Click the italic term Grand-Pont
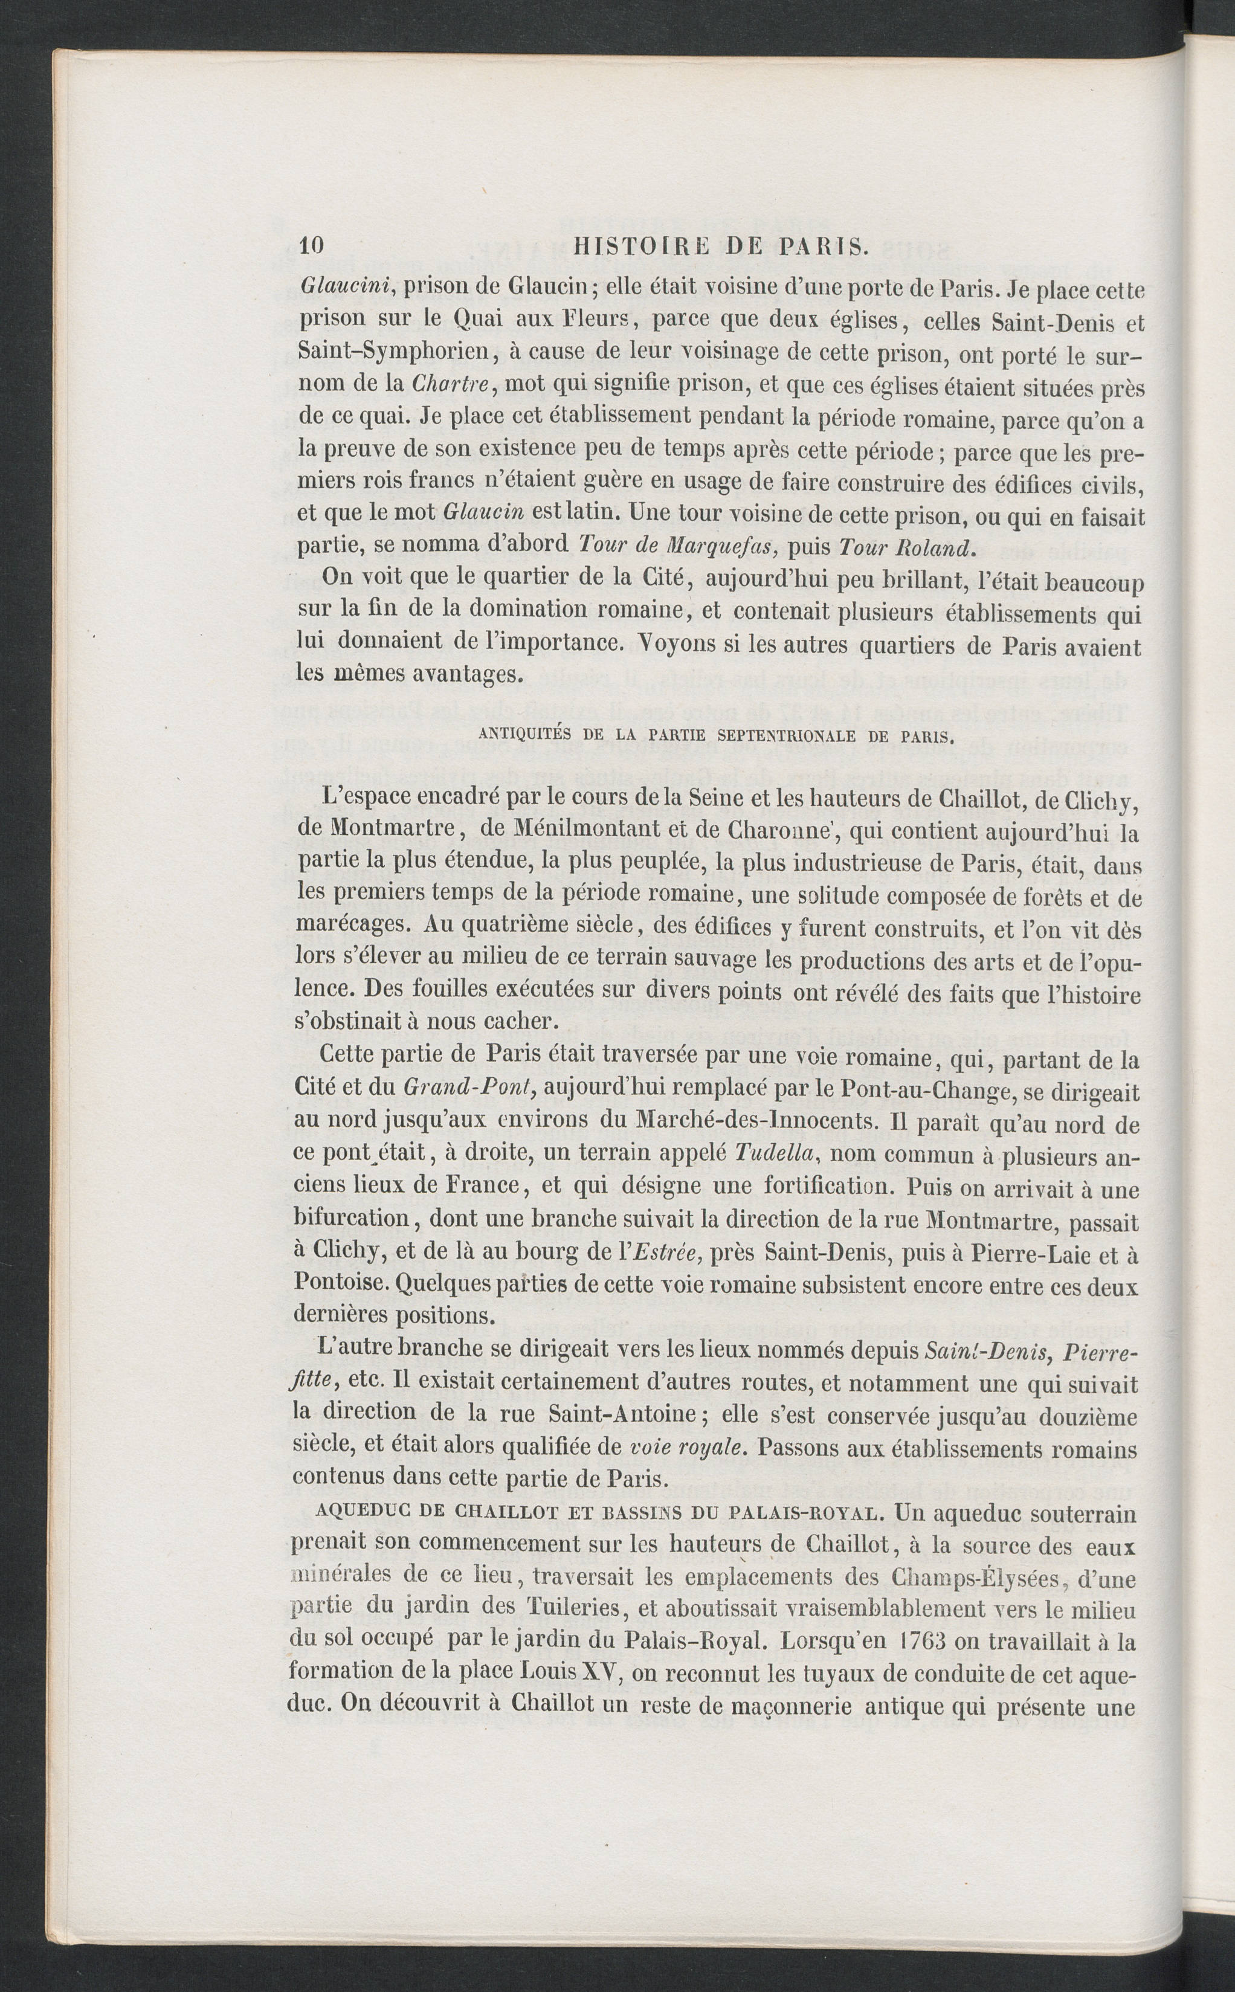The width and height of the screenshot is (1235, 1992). (469, 1088)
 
